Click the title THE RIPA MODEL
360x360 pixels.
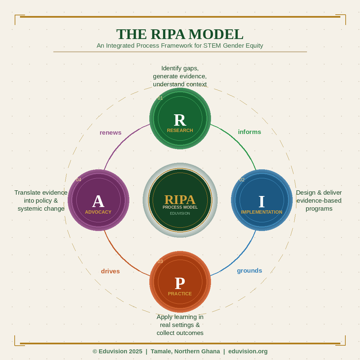pyautogui.click(x=180, y=34)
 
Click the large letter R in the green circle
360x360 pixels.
pyautogui.click(x=180, y=120)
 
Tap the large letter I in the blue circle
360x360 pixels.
pyautogui.click(x=262, y=202)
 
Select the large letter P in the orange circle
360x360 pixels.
pyautogui.click(x=180, y=283)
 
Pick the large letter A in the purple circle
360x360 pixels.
pyautogui.click(x=98, y=201)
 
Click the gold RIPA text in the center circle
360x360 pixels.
pyautogui.click(x=180, y=199)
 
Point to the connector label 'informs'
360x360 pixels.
pyautogui.click(x=249, y=132)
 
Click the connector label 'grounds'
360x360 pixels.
pyautogui.click(x=249, y=271)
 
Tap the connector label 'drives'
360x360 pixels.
pyautogui.click(x=110, y=271)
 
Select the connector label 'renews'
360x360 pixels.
pyautogui.click(x=110, y=133)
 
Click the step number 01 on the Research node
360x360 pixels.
pyautogui.click(x=160, y=98)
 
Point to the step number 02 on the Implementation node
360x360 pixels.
pyautogui.click(x=242, y=180)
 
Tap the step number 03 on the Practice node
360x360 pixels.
pyautogui.click(x=160, y=261)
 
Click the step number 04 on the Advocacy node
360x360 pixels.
pyautogui.click(x=78, y=180)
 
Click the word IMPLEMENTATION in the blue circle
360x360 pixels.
pyautogui.click(x=262, y=212)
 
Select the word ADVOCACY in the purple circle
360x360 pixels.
pyautogui.click(x=98, y=212)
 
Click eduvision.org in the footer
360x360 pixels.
pyautogui.click(x=248, y=351)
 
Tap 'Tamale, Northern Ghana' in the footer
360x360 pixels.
pyautogui.click(x=185, y=351)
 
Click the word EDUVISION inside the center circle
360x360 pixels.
pyautogui.click(x=180, y=213)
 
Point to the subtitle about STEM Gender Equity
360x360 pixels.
pyautogui.click(x=180, y=46)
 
